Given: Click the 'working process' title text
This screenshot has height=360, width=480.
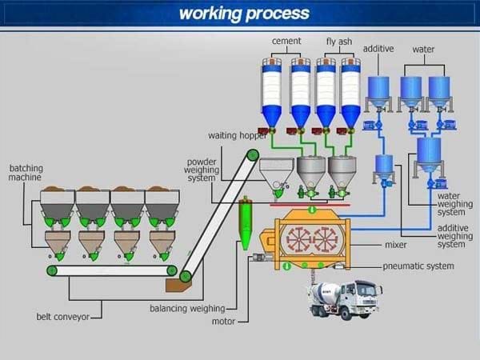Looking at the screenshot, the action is [244, 14].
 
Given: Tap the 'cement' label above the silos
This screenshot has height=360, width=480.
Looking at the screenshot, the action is [286, 41].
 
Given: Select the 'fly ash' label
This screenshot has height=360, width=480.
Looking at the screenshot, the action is [339, 42].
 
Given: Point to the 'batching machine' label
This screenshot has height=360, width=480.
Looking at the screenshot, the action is [26, 173].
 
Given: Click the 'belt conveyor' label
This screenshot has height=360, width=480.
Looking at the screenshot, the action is [62, 317].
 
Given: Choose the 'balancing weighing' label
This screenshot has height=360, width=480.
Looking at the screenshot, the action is [187, 309].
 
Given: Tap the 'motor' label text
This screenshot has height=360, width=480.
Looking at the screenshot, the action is [223, 322].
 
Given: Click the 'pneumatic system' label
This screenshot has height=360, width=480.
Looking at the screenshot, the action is [418, 266].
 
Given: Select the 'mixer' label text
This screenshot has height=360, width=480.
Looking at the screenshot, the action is [396, 245].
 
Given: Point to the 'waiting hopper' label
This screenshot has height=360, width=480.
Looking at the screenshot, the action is [238, 136].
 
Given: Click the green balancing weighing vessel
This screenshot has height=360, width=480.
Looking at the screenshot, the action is [246, 223].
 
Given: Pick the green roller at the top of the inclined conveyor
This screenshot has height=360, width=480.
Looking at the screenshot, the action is [253, 155].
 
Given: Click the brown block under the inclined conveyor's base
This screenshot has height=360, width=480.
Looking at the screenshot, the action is [178, 286].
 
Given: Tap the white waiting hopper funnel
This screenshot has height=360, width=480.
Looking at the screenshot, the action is [277, 177].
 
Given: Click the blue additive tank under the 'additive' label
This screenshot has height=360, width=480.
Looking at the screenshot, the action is [378, 92].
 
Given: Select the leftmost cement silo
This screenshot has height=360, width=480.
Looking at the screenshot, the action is [271, 93].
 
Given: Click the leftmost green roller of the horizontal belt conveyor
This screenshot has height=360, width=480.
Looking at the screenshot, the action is [52, 270].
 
